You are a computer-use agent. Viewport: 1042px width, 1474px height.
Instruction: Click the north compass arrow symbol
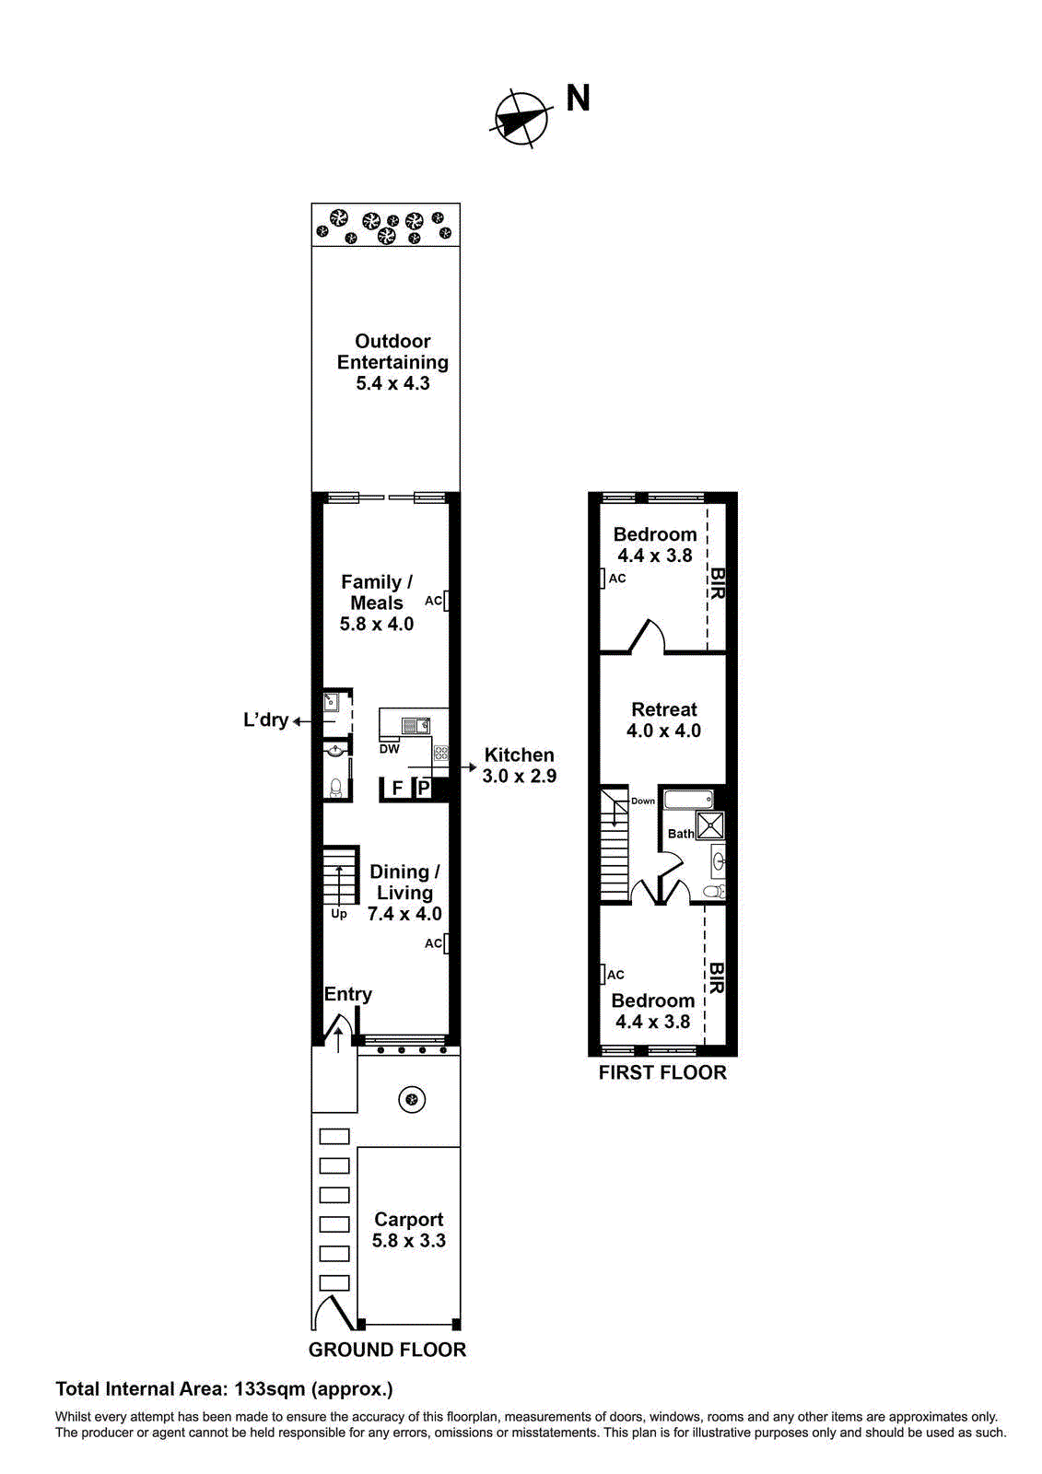521,119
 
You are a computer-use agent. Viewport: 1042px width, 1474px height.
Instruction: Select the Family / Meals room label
377,592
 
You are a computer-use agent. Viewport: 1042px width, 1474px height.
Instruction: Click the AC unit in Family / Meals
446,601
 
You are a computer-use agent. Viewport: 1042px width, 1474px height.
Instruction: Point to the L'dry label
266,719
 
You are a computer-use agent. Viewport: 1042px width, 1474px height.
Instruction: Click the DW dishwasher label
389,749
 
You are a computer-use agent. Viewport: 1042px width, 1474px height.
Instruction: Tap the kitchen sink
416,726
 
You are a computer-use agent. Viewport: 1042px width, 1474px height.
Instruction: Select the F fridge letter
398,788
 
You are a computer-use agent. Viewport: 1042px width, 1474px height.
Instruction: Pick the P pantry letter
424,788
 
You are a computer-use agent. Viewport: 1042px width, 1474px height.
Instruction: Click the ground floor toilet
335,788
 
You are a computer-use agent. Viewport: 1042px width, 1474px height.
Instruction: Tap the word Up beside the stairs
338,914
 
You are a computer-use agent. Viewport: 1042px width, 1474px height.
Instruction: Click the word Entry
347,994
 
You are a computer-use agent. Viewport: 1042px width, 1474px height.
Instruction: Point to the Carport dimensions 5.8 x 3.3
409,1240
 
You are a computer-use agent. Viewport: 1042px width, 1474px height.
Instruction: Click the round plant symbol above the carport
412,1099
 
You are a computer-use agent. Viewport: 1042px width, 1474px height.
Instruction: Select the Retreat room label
663,709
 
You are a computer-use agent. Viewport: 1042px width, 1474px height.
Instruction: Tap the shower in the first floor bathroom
710,825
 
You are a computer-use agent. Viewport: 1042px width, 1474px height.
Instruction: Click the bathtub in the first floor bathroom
688,800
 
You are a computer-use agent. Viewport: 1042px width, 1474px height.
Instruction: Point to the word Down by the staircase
643,801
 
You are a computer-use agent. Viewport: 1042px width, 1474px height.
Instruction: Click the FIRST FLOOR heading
662,1072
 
